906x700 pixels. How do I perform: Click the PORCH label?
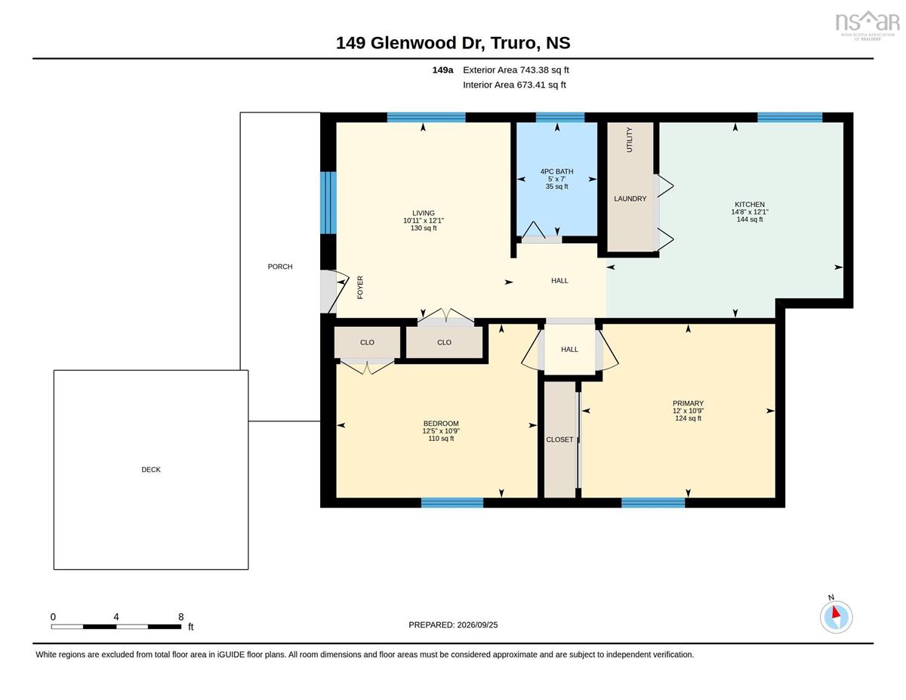coord(280,267)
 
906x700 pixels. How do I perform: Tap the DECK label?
coord(151,470)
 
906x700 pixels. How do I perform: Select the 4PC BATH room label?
coord(556,171)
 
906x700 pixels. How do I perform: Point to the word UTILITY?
coord(629,140)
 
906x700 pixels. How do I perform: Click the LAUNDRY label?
coord(630,199)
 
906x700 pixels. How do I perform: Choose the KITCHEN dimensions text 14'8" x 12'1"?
coord(750,211)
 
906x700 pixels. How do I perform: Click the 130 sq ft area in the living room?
coord(424,228)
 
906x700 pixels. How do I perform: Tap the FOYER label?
coord(360,287)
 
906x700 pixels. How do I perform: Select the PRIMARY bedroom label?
coord(688,403)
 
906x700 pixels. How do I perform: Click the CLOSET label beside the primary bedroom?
coord(559,439)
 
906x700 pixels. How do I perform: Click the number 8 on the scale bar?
coord(181,617)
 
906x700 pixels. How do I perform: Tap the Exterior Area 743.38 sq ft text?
coord(516,70)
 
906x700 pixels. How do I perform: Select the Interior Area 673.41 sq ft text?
coord(514,85)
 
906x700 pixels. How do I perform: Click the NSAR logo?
coord(867,25)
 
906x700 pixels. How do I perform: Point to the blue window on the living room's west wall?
coord(328,202)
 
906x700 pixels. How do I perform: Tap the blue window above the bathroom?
coord(560,117)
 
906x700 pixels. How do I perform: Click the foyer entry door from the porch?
coord(334,291)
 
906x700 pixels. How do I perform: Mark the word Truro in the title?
coord(513,43)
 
